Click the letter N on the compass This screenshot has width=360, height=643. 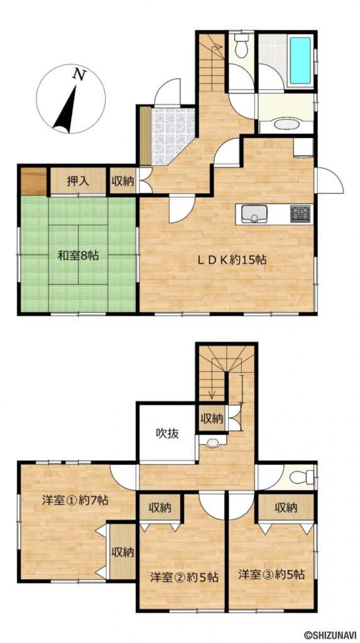pos(79,74)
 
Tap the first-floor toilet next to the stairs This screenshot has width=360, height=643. pos(241,46)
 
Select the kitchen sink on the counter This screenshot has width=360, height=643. pos(254,213)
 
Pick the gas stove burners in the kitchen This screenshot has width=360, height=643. pos(300,213)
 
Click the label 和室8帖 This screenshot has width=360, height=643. pos(77,256)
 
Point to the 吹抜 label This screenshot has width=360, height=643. pos(168,433)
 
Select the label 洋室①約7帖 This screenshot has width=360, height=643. pos(75,500)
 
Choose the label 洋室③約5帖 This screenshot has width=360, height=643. pos(271,574)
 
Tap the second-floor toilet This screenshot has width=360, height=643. pos(302,477)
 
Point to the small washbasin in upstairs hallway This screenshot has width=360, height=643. pos(212,443)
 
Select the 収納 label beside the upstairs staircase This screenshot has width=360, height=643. pos(212,419)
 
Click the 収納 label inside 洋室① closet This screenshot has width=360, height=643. pos(123,552)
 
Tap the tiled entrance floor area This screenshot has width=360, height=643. pos(172,134)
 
